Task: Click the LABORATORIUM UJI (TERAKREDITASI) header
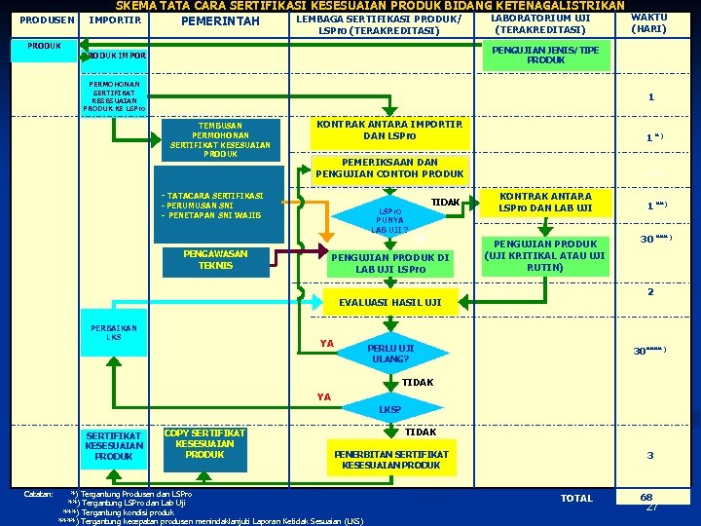click(x=540, y=23)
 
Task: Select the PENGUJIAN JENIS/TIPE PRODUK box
click(x=546, y=55)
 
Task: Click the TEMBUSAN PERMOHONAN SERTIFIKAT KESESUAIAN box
click(x=220, y=139)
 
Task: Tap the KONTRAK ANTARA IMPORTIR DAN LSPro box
click(x=389, y=130)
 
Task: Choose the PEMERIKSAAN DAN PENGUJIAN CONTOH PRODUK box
click(x=389, y=169)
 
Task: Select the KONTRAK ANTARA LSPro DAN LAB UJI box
click(x=545, y=202)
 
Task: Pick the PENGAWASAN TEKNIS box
click(x=215, y=260)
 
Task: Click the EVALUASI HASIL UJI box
click(x=389, y=302)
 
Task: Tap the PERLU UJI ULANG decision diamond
click(x=389, y=354)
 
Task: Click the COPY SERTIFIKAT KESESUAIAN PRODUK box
click(x=204, y=444)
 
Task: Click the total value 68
click(x=646, y=497)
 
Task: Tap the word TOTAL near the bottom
click(x=577, y=498)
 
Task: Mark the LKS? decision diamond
click(x=388, y=409)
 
